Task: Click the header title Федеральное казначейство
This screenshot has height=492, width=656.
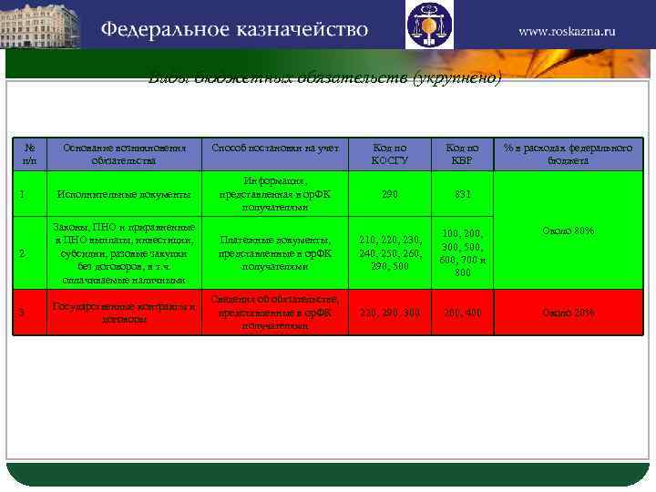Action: click(234, 29)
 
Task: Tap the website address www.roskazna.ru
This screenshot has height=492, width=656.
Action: click(567, 30)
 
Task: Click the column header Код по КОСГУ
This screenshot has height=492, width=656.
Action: click(389, 153)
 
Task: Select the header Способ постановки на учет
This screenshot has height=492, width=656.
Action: click(274, 147)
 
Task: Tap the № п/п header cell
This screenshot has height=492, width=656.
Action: click(30, 153)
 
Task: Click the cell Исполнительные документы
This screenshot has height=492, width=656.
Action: click(124, 194)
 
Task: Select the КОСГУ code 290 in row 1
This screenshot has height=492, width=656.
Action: click(389, 194)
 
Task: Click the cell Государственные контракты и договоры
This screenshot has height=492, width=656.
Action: click(124, 313)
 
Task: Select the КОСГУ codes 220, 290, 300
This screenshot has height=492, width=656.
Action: click(389, 313)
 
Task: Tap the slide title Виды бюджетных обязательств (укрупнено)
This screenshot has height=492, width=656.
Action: click(325, 78)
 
